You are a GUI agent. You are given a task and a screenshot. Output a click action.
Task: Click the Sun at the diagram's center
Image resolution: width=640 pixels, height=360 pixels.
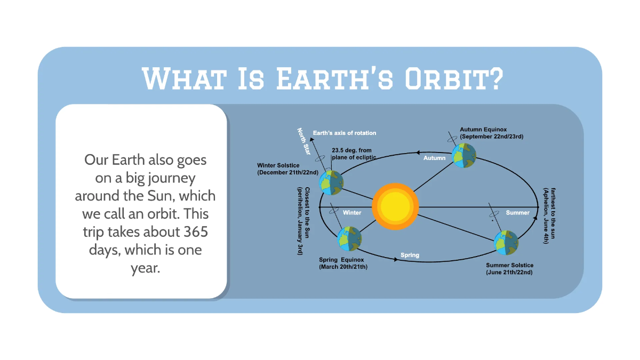pos(395,207)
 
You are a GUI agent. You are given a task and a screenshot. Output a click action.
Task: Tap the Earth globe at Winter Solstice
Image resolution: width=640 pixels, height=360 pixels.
pos(331,182)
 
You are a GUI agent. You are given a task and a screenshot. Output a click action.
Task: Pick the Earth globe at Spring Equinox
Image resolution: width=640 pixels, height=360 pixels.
pos(350,239)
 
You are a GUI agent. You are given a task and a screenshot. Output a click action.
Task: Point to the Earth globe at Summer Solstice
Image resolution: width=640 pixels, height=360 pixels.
pos(506,243)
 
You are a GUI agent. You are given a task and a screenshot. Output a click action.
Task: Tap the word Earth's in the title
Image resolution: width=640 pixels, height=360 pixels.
pos(334,79)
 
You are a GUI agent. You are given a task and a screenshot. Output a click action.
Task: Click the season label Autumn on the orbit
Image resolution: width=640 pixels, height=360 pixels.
pos(434,158)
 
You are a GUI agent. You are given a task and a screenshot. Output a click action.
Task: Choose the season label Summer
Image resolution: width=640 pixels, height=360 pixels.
pos(517,213)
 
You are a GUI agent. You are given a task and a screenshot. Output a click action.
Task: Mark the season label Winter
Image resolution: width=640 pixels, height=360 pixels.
pos(352,213)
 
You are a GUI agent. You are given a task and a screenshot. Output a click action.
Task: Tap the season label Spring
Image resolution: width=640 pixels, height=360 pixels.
pos(410,255)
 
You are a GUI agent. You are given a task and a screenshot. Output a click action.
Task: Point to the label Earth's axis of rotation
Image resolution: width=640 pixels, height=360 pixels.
pos(345,133)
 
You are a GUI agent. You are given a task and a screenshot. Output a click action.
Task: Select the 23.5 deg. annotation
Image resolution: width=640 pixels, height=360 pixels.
pos(351,151)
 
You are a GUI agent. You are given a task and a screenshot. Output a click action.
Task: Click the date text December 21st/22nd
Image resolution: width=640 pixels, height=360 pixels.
pos(287,173)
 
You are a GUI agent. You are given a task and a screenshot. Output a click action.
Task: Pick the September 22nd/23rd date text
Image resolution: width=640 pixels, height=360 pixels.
pos(492,137)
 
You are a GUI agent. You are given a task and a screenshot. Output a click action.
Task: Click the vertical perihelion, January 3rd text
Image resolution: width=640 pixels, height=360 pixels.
pos(300,220)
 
